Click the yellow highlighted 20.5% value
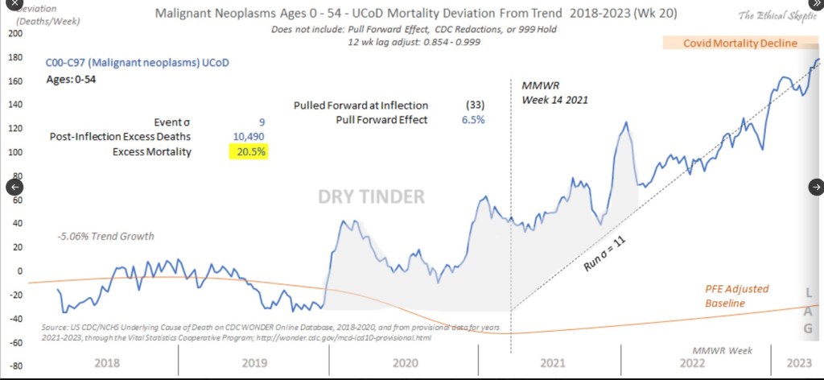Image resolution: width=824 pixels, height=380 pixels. pos(248,151)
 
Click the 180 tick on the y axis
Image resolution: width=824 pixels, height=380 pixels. pos(14,57)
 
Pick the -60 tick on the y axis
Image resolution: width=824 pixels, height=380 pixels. pos(14,342)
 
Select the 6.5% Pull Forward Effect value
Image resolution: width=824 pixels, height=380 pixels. pos(473,120)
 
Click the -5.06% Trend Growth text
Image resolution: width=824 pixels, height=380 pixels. pos(105,237)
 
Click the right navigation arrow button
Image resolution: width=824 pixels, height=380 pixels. pos(816,187)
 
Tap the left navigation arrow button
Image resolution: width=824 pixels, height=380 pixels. pos(13,187)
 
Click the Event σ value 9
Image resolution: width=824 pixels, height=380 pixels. pos(261,122)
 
